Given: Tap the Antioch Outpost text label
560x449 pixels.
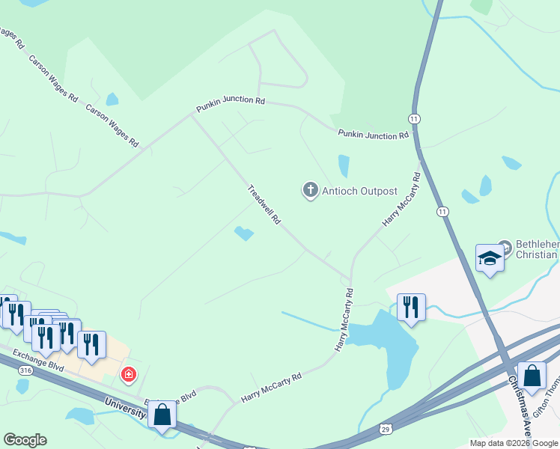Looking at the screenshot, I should point(359,191).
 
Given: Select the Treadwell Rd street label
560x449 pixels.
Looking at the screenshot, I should point(264,205).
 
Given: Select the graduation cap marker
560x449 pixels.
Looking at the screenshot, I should point(490,258).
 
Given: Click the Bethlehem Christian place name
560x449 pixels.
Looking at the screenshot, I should point(536,250).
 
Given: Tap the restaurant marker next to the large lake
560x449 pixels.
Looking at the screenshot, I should point(411,307).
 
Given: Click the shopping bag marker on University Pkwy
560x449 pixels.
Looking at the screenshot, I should point(162,415).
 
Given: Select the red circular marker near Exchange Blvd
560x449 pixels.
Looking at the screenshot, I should point(129,373).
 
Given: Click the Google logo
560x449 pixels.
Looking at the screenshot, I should point(25,440).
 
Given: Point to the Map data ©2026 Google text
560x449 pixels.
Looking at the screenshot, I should point(513,443).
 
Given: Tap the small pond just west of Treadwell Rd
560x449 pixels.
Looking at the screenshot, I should point(244,233).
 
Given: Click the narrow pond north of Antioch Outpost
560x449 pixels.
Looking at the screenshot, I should point(344,165).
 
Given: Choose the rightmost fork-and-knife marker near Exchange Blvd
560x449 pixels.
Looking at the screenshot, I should point(91,344).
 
